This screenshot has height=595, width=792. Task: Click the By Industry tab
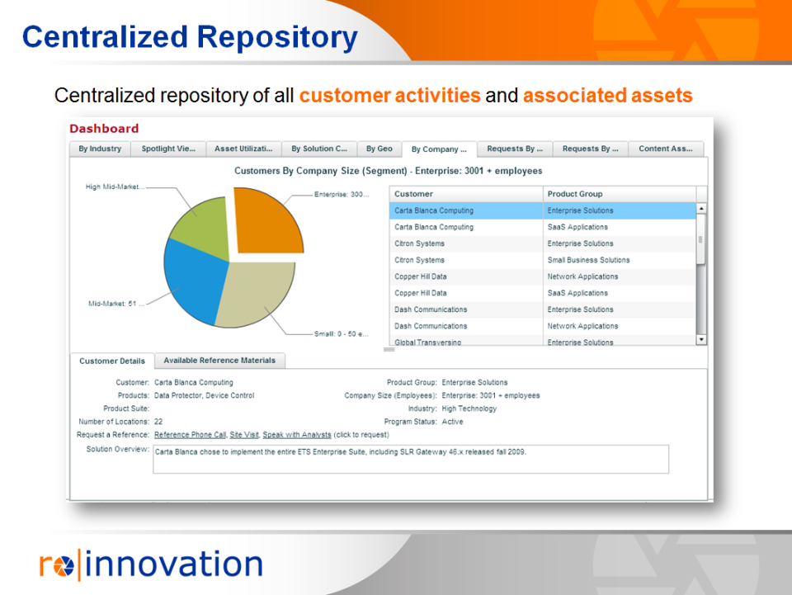point(100,149)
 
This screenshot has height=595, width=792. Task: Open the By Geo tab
point(379,149)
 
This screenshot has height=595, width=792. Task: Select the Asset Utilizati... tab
point(243,149)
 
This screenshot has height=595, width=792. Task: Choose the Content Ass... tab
point(665,149)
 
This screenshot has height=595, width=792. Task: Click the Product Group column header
point(575,194)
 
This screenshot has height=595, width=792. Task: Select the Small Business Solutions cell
point(588,260)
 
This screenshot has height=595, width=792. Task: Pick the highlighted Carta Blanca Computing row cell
point(434,210)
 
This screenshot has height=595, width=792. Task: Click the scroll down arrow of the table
point(701,339)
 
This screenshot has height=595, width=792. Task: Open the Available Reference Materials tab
point(219,361)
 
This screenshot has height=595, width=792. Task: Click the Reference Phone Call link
point(190,435)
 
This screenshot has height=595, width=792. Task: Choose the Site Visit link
point(244,435)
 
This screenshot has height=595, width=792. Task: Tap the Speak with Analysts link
point(297,435)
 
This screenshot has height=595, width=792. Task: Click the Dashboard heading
point(104,129)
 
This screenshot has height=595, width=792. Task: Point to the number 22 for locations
point(158,422)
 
